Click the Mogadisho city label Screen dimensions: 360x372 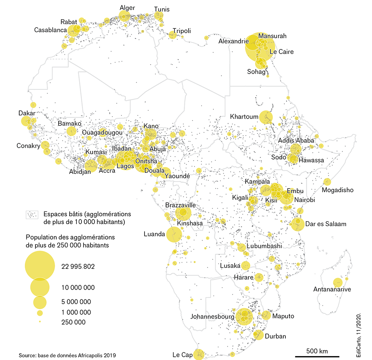pyautogui.click(x=337, y=190)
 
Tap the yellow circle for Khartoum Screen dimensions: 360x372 pyautogui.click(x=266, y=117)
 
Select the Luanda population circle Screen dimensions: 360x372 pyautogui.click(x=174, y=234)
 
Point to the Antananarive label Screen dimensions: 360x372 pyautogui.click(x=332, y=289)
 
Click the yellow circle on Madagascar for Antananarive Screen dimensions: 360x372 pyautogui.click(x=337, y=282)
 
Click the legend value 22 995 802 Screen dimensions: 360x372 pyautogui.click(x=78, y=267)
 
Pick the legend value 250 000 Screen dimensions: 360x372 pyautogui.click(x=73, y=322)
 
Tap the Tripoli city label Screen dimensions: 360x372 pyautogui.click(x=181, y=31)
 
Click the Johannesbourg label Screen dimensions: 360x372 pyautogui.click(x=212, y=316)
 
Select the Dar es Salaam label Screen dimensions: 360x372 pyautogui.click(x=326, y=224)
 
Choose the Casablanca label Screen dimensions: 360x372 pyautogui.click(x=50, y=30)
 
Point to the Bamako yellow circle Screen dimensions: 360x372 pyautogui.click(x=71, y=132)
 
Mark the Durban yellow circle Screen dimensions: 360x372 pyautogui.click(x=258, y=335)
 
